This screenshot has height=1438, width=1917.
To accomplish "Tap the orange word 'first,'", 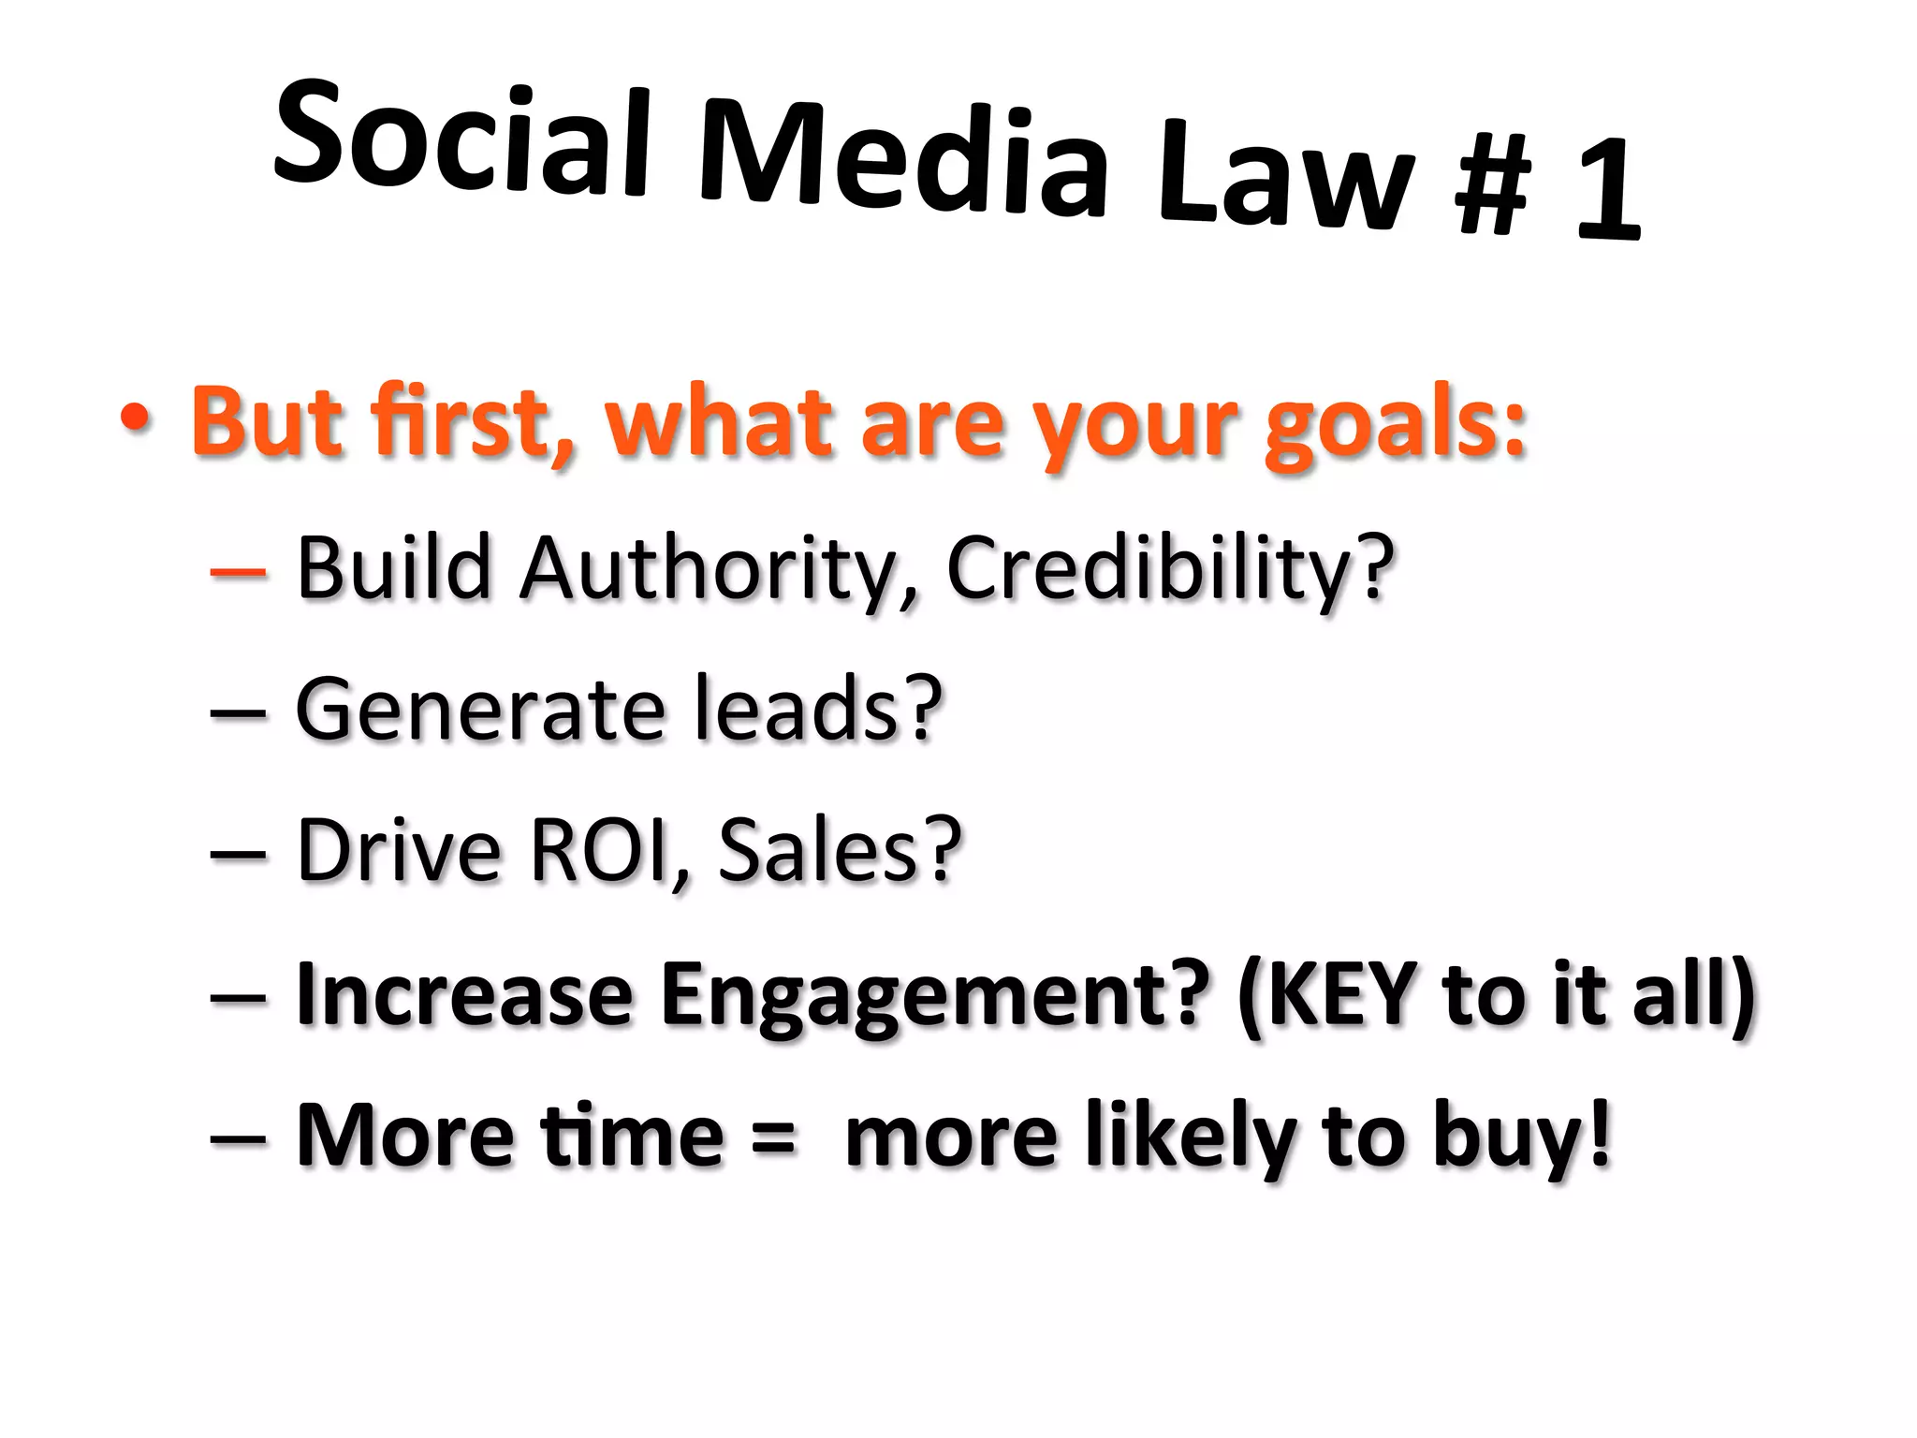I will pos(473,421).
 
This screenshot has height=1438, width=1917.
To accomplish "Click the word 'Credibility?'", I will pos(1170,568).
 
